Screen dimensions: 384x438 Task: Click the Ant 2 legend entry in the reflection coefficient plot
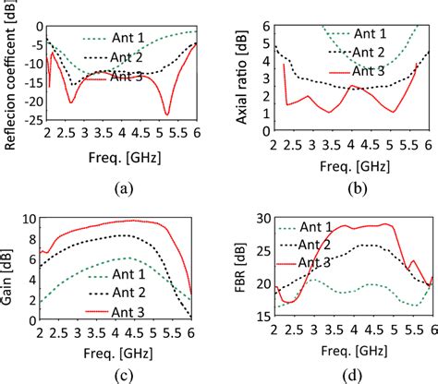[129, 59]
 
